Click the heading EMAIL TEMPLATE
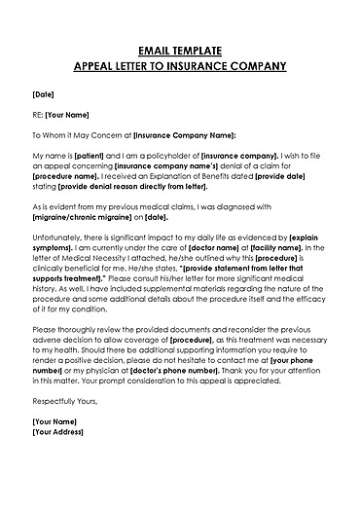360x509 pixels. (180, 50)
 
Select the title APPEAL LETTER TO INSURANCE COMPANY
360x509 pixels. (180, 66)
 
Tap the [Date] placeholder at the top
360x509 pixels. (43, 95)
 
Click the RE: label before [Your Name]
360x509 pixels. (39, 115)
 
